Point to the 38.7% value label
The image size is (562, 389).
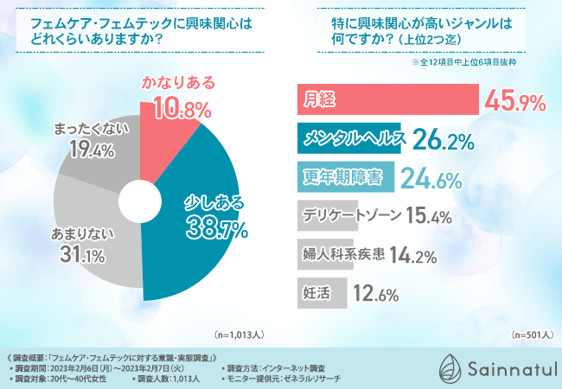(214, 229)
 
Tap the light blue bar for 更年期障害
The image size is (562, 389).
(346, 177)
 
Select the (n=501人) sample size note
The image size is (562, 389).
(530, 334)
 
